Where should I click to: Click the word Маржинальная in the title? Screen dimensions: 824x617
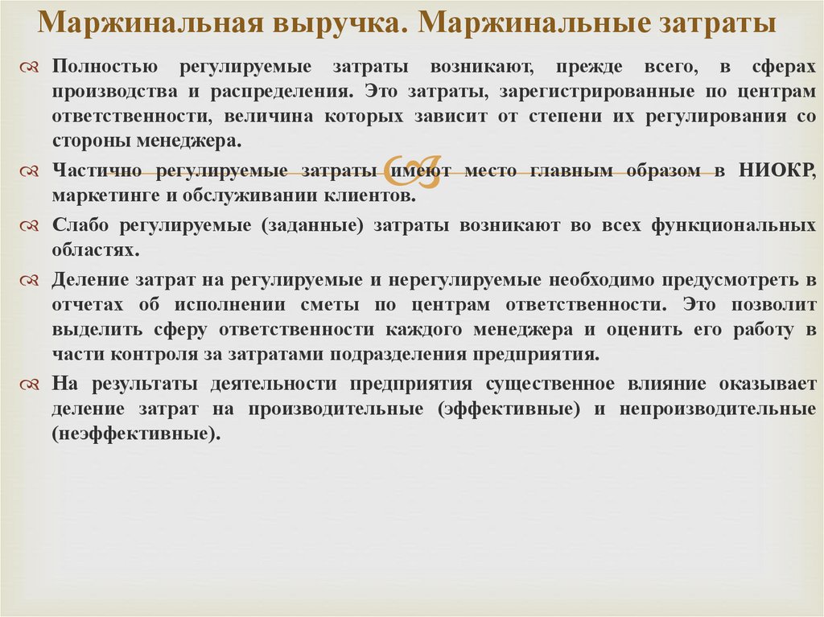pyautogui.click(x=150, y=23)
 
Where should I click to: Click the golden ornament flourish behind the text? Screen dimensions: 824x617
pyautogui.click(x=413, y=171)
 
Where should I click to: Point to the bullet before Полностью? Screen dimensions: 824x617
pyautogui.click(x=30, y=68)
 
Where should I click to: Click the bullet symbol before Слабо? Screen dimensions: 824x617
pyautogui.click(x=30, y=226)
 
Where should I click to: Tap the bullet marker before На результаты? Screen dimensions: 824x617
pyautogui.click(x=30, y=385)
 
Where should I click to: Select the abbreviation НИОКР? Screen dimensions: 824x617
pyautogui.click(x=777, y=171)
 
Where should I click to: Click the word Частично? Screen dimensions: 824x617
pyautogui.click(x=97, y=171)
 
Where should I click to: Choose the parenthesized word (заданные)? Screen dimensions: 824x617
pyautogui.click(x=313, y=225)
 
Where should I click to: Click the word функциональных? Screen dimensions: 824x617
pyautogui.click(x=734, y=225)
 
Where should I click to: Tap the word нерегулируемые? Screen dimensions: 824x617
pyautogui.click(x=464, y=280)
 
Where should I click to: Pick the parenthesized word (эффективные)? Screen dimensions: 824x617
pyautogui.click(x=509, y=409)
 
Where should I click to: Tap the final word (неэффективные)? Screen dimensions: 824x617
pyautogui.click(x=136, y=434)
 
